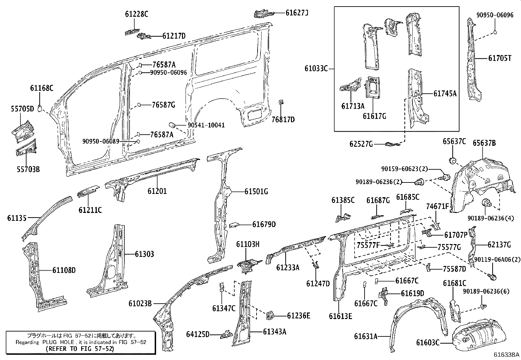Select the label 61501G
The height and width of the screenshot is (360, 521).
point(256,192)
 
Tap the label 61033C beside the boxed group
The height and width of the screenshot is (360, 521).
point(316,68)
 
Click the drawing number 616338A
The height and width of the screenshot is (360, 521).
point(507,355)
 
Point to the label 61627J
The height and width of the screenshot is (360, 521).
point(297,13)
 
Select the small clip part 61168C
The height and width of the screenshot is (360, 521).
point(39,108)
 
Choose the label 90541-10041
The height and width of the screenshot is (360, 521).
point(206,125)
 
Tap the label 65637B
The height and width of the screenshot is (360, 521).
point(484,143)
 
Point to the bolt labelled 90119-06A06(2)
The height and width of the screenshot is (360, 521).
point(492,277)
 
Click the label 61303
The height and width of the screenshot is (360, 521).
point(144,254)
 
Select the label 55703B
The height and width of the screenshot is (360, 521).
point(28,169)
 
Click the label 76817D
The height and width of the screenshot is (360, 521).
point(283,120)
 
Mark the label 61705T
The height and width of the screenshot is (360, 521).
point(499,58)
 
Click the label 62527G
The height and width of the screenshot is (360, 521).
point(361,144)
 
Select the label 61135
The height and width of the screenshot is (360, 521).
point(17,218)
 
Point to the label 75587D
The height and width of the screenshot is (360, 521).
point(454,269)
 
